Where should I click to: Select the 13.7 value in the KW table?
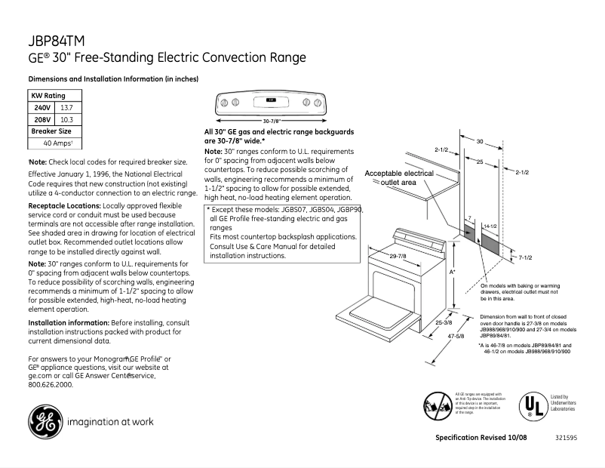point(67,108)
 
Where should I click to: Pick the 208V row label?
point(42,119)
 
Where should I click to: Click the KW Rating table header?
point(48,96)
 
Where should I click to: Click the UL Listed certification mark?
point(533,406)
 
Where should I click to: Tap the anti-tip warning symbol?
point(438,406)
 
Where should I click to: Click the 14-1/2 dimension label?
point(490,226)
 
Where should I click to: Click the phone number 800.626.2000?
point(51,384)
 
